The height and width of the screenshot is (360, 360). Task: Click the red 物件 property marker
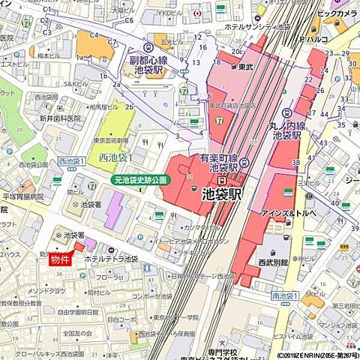click(61, 259)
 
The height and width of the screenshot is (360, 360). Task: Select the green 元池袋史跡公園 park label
click(140, 180)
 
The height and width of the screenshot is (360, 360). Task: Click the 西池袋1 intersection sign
click(71, 161)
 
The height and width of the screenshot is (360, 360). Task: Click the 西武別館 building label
click(274, 263)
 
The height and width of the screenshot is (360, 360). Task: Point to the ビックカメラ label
click(337, 13)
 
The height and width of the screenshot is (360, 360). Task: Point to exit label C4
click(94, 34)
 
